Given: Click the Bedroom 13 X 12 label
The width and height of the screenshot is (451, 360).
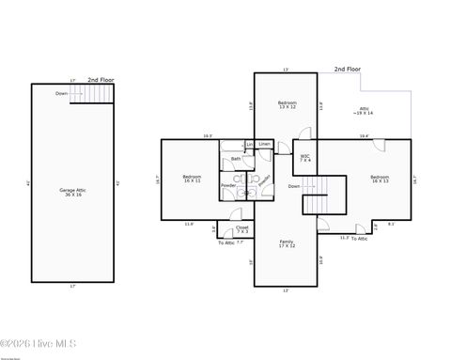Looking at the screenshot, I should (287, 105).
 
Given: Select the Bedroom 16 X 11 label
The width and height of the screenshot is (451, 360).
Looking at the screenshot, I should (191, 178).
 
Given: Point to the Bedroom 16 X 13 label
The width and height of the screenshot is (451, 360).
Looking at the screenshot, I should (380, 179).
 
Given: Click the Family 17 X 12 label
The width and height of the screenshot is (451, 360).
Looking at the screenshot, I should (287, 244).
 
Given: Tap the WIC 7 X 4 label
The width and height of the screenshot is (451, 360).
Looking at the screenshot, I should (305, 158).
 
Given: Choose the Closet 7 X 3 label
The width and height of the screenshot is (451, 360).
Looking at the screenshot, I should (242, 228).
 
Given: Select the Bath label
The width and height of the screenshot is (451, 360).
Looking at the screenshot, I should (236, 159).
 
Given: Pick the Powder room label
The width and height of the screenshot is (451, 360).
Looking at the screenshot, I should (228, 185).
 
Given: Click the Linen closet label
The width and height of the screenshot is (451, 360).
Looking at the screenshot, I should (265, 144).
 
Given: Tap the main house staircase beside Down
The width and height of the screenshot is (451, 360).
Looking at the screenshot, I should (319, 198).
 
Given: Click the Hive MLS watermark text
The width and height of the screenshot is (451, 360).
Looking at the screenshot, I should (39, 345).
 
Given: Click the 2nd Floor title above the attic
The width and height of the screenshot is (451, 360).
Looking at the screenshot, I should (348, 69).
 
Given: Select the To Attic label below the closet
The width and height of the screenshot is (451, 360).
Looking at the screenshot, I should (226, 243).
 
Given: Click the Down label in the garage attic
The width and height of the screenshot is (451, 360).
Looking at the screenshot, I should (61, 94).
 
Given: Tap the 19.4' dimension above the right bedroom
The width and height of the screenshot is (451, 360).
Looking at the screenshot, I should (363, 136).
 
